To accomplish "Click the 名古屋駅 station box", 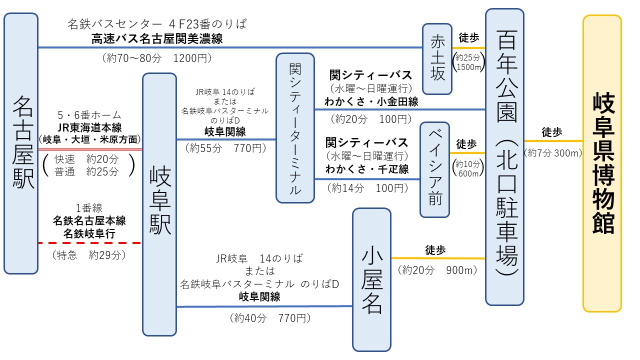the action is (x=21, y=143).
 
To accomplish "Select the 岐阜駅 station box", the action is (x=159, y=204).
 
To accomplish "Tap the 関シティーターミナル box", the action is (x=295, y=128).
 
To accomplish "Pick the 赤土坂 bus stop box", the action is (x=437, y=59).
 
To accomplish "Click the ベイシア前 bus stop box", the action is (x=435, y=169).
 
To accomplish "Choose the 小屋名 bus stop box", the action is (x=371, y=279).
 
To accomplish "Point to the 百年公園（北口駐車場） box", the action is (x=505, y=157).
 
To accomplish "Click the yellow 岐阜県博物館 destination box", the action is (x=602, y=163).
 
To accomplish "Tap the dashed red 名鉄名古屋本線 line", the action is (x=89, y=243).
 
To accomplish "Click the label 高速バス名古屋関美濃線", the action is (x=157, y=39).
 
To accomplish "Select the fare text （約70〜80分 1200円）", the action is (x=157, y=58).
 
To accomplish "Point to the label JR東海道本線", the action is (x=89, y=127).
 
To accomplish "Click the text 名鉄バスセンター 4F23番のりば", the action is (x=157, y=24).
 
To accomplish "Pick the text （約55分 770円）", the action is (x=225, y=147).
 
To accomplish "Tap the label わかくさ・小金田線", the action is (x=371, y=101).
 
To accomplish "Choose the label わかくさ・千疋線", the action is (x=367, y=169).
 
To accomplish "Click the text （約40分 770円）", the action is (x=270, y=317).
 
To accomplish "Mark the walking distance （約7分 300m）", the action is (x=553, y=153).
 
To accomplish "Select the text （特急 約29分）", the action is (x=89, y=255).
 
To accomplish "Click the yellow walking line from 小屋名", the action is (x=438, y=258).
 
